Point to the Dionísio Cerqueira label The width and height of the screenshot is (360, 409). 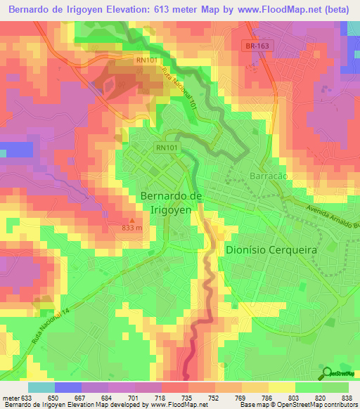point(272,249)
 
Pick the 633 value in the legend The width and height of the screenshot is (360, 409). point(25,397)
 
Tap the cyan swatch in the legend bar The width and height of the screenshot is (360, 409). point(41,387)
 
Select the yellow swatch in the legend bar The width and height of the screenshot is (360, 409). point(281,387)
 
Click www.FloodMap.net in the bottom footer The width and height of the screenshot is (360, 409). point(176,405)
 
